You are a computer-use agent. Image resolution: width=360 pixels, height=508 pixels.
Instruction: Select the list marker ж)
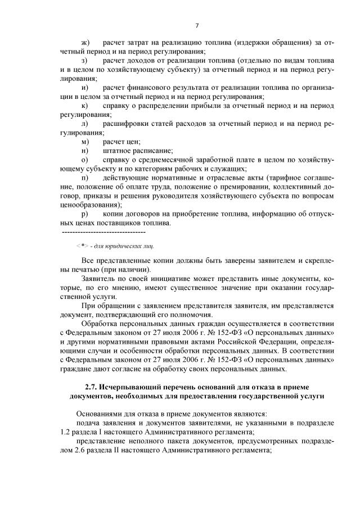85,43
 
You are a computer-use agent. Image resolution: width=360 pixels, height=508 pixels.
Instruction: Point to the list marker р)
85,214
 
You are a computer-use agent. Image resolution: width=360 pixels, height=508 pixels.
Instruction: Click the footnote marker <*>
82,246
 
